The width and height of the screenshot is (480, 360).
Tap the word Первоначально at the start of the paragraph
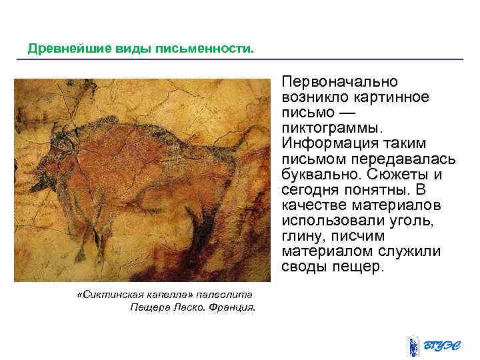pyautogui.click(x=339, y=81)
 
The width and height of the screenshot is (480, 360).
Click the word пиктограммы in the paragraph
pyautogui.click(x=329, y=128)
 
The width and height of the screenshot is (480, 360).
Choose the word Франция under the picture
pyautogui.click(x=231, y=307)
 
